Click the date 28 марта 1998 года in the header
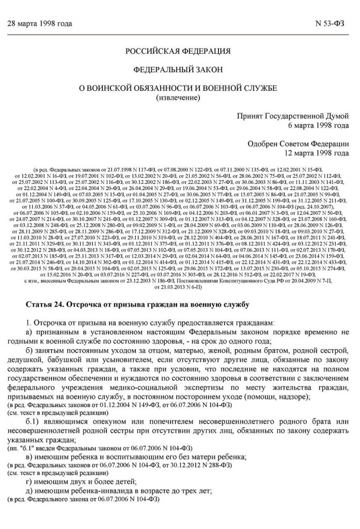(39, 24)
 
